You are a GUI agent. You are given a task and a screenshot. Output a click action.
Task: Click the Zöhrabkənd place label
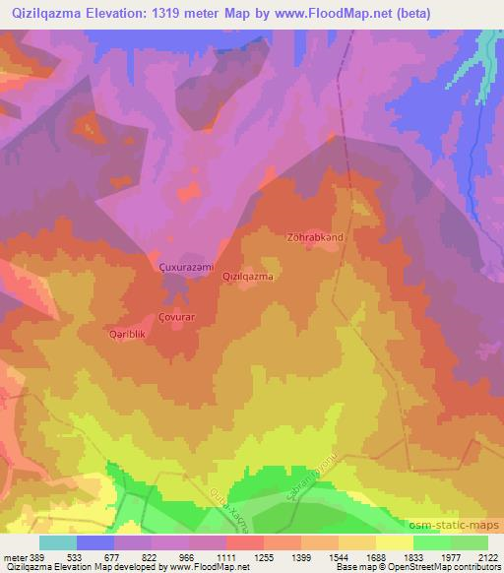[x=315, y=237]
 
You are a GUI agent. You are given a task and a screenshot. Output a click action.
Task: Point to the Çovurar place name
[x=177, y=317]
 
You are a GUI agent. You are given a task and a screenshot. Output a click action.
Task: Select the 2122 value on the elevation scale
[x=485, y=556]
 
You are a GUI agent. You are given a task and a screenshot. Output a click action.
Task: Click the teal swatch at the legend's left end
[x=57, y=542]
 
